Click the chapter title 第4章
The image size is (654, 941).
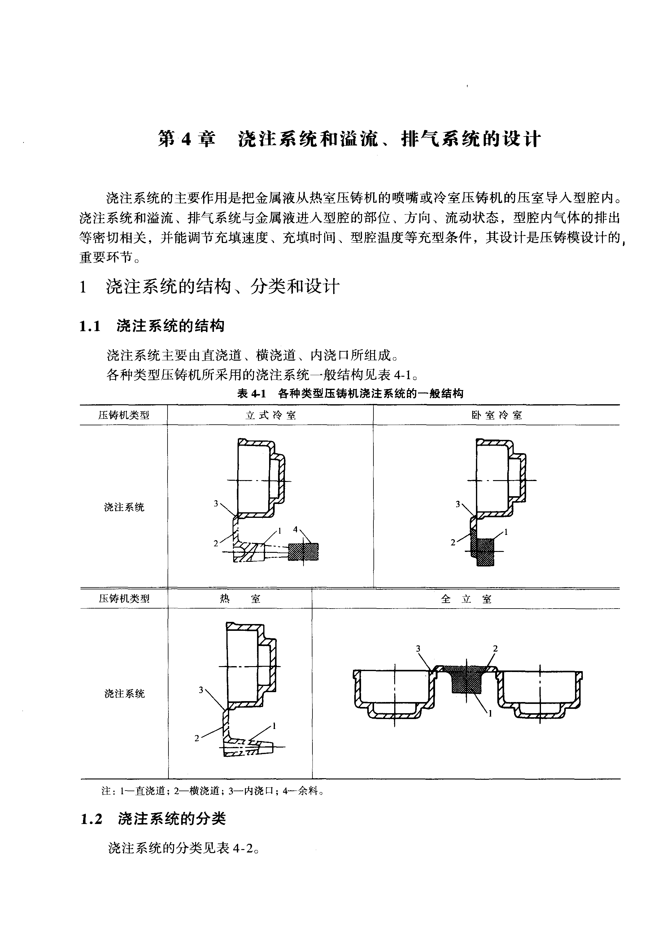pyautogui.click(x=187, y=139)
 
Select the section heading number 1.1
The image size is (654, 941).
pyautogui.click(x=90, y=327)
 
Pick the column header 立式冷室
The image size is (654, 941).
pyautogui.click(x=270, y=415)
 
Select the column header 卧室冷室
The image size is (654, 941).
pyautogui.click(x=496, y=415)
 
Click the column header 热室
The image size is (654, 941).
pyautogui.click(x=240, y=599)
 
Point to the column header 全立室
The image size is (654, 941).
pyautogui.click(x=466, y=599)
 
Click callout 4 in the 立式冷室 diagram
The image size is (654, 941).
pyautogui.click(x=295, y=529)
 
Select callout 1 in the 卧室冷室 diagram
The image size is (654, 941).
pyautogui.click(x=506, y=532)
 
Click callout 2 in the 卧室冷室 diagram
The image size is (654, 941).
pyautogui.click(x=453, y=542)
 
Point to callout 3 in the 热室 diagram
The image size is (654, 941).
pyautogui.click(x=201, y=690)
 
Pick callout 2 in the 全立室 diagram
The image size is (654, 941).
pyautogui.click(x=495, y=648)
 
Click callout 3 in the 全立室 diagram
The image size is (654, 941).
pyautogui.click(x=418, y=648)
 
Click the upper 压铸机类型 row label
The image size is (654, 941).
pyautogui.click(x=124, y=415)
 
